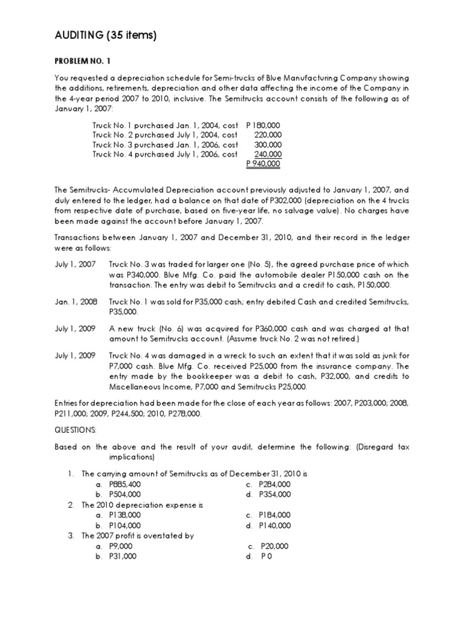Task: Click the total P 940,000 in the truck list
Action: point(263,164)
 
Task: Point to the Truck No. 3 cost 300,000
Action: point(268,144)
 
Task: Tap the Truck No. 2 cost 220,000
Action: point(268,135)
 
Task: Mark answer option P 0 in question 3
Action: point(267,556)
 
